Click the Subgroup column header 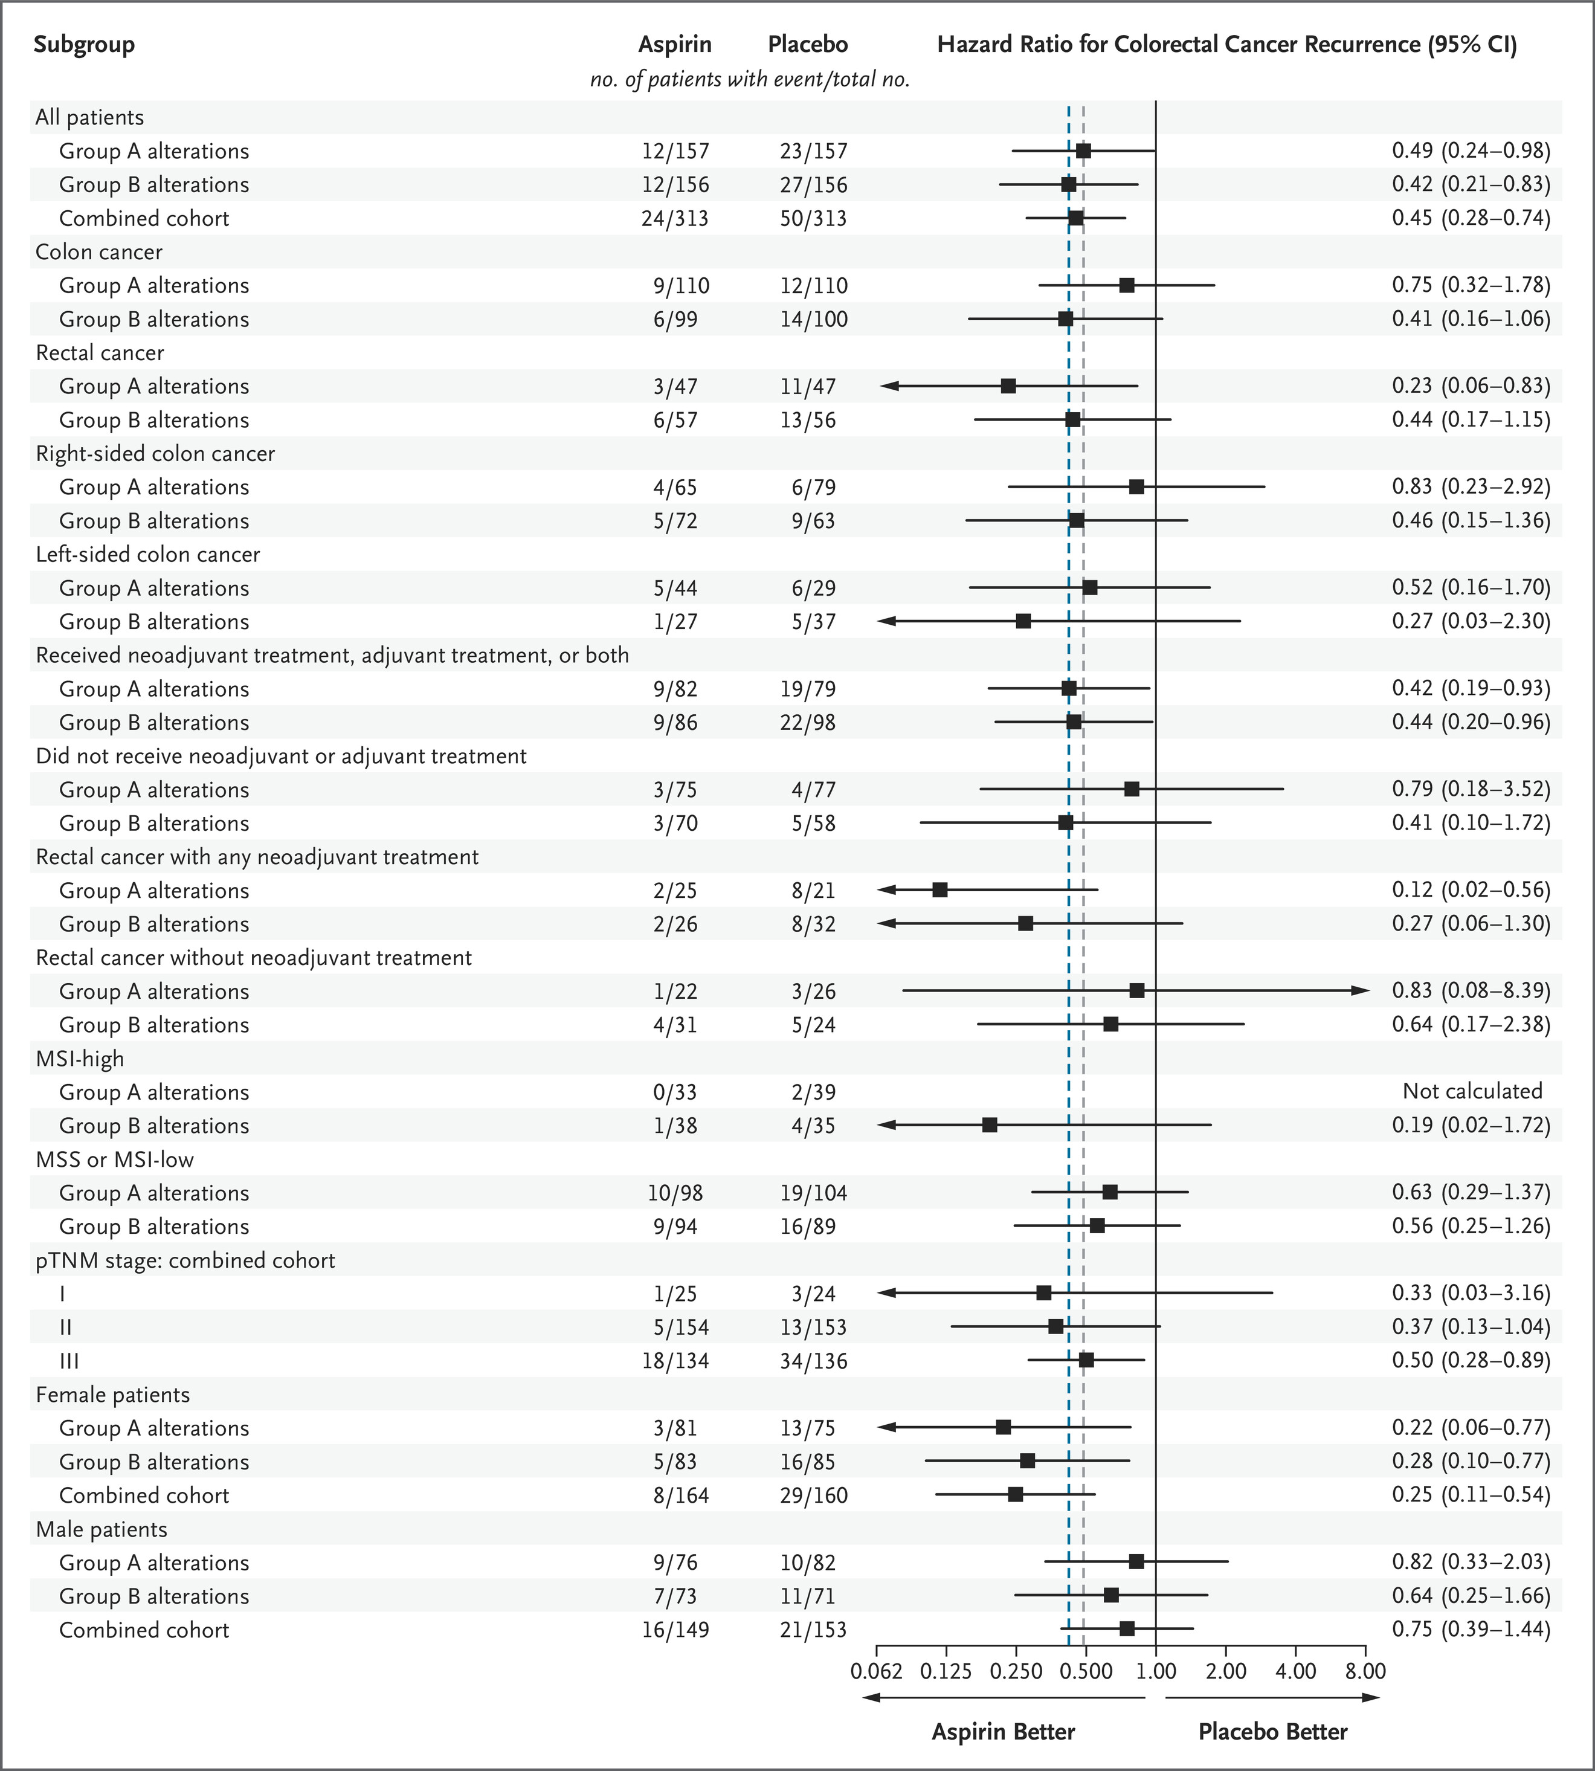click(x=84, y=45)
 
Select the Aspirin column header click(x=675, y=45)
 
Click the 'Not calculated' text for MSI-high click(x=1472, y=1091)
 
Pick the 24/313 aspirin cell click(x=675, y=218)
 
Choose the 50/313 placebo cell click(x=813, y=218)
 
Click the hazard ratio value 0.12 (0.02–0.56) click(x=1471, y=890)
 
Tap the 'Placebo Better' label click(x=1272, y=1732)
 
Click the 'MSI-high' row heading click(x=80, y=1059)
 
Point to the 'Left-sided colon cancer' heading click(x=148, y=555)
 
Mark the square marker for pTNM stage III click(x=1086, y=1360)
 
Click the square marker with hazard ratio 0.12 click(x=939, y=889)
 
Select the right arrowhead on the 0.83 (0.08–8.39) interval click(x=1361, y=990)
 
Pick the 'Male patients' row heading click(x=101, y=1529)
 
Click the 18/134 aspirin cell click(x=675, y=1361)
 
